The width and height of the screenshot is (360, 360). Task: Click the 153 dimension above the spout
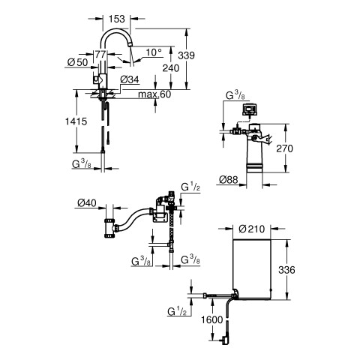point(117,19)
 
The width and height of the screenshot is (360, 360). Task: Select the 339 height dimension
point(186,55)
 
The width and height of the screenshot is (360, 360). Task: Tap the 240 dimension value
point(171,68)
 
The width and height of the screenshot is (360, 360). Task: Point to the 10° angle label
point(154,52)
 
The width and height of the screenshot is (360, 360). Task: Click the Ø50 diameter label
point(78,62)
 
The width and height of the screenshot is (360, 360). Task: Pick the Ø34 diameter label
point(130,79)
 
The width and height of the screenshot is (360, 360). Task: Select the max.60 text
point(154,94)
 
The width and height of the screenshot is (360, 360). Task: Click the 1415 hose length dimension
point(76,121)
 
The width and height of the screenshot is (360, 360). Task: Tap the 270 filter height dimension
point(284,148)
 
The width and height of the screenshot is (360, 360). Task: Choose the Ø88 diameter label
point(229,179)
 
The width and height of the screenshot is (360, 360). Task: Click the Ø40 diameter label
point(87,203)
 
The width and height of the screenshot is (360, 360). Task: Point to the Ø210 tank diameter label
point(251,229)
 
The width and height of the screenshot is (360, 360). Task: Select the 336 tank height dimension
point(286,270)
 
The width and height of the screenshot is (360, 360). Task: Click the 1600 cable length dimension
point(212,319)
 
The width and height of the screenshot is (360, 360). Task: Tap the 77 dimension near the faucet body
point(100,55)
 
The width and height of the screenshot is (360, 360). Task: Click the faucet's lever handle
point(96,80)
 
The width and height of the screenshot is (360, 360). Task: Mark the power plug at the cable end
point(224,340)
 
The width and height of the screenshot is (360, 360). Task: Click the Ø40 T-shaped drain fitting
point(109,228)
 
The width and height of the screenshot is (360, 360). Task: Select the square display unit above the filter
point(249,109)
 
